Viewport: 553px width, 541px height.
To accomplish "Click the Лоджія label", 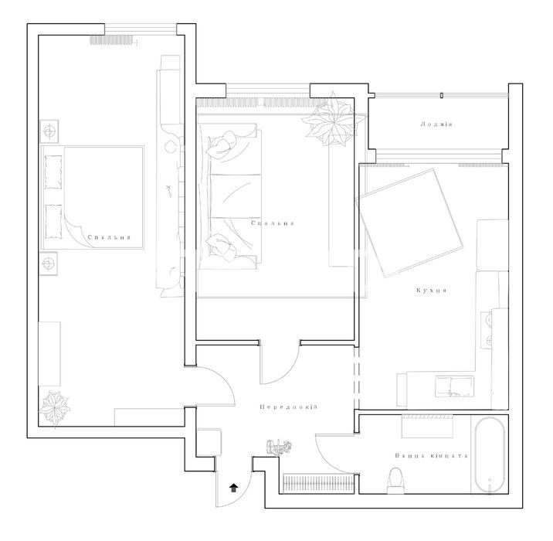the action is pos(436,124).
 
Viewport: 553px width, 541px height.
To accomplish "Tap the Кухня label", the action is pos(432,291).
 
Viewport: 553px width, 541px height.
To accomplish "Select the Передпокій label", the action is pos(289,407).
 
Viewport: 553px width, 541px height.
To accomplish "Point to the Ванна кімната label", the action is pos(432,455).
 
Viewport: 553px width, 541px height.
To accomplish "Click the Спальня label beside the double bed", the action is pos(110,237).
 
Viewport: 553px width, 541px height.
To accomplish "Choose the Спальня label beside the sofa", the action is pos(273,223).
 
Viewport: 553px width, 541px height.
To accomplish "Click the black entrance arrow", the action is pos(234,488).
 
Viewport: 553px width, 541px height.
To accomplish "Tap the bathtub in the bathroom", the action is pos(490,455).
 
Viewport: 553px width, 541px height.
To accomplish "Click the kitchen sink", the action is pos(454,386).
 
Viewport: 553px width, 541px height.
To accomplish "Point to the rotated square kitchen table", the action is pos(410,223).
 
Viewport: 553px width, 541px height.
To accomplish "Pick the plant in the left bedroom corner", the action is pos(54,408).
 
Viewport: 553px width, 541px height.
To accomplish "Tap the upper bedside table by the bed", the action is pos(49,131).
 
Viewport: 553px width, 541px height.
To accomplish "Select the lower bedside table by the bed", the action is pos(48,264).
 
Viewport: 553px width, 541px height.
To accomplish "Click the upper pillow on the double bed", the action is pos(53,172).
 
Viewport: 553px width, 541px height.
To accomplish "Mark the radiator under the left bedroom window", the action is pos(112,40).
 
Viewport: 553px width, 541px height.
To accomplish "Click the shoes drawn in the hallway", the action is pos(280,447).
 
